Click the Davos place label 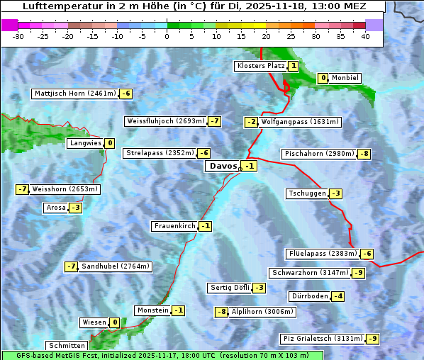pos(223,167)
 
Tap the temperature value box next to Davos pos(249,167)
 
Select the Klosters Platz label pos(260,66)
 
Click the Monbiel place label pos(345,78)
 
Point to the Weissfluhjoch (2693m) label pos(165,121)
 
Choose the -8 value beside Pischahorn pos(364,154)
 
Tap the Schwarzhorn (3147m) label pos(311,273)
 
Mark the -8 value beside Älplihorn pos(222,312)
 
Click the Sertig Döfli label pos(230,288)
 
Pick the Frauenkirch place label pos(174,226)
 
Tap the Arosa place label pos(55,208)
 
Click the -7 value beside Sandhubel pos(71,266)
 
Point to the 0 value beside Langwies pos(109,143)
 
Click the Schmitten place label pos(67,346)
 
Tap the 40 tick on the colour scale pos(365,35)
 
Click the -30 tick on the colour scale pos(18,35)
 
